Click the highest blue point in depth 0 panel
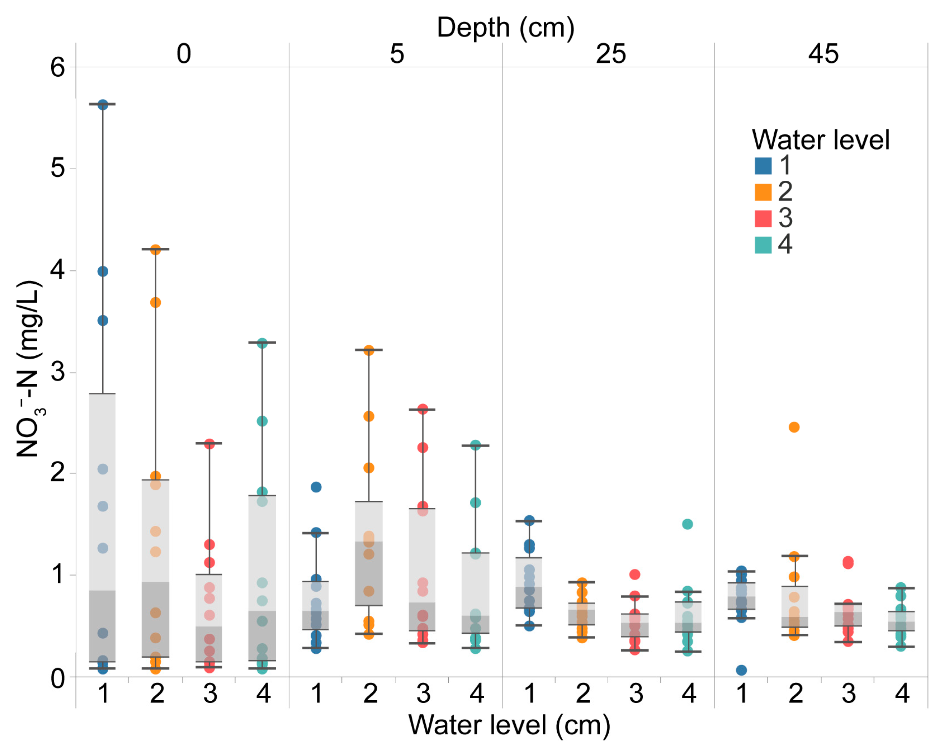[103, 105]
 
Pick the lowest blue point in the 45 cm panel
[741, 670]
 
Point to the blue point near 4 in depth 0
[103, 271]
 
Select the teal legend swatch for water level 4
[763, 245]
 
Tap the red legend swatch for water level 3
[763, 219]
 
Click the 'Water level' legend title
[820, 140]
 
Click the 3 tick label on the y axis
[58, 372]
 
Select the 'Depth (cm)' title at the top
[505, 27]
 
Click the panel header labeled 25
[611, 54]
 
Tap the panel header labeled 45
[823, 54]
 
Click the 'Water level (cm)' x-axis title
[509, 724]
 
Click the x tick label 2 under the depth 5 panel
[370, 694]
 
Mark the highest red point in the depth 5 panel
[423, 410]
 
